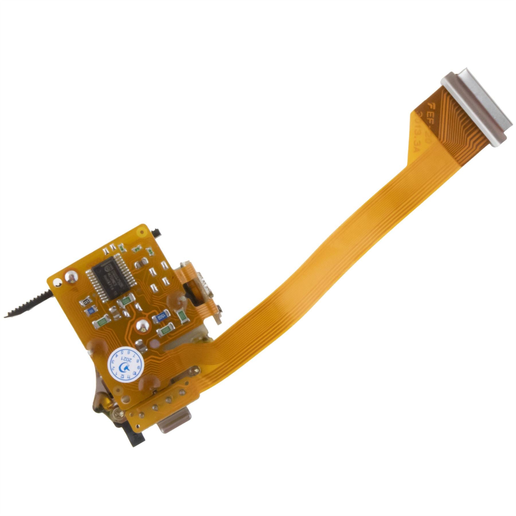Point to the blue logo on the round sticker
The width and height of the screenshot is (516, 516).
(x=126, y=367)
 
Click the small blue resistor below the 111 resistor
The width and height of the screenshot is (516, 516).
(x=91, y=310)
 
